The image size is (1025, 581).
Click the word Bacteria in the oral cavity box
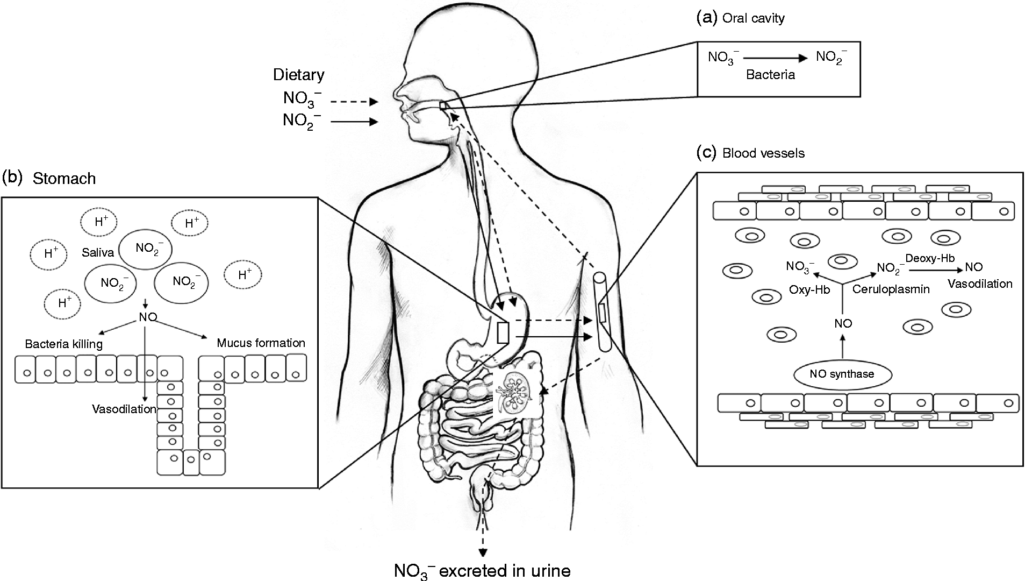coord(770,75)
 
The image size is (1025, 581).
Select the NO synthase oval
coord(842,374)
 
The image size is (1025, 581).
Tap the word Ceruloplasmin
coord(891,289)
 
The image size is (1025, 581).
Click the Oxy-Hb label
coord(809,289)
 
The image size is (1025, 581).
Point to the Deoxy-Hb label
coord(930,258)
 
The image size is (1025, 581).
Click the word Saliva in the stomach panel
coord(98,252)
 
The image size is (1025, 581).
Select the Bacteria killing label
coord(64,344)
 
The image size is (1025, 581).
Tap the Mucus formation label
coord(261,343)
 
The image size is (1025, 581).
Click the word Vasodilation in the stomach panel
coord(124,409)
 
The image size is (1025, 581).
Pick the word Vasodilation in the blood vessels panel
coord(979,284)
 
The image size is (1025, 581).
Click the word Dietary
coord(298,74)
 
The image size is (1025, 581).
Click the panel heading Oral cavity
coord(752,18)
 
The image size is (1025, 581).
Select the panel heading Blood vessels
coord(763,153)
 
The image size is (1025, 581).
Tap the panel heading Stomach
coord(64,179)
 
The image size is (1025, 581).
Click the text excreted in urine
coord(505,570)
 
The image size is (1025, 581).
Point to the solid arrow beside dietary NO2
coord(354,122)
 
